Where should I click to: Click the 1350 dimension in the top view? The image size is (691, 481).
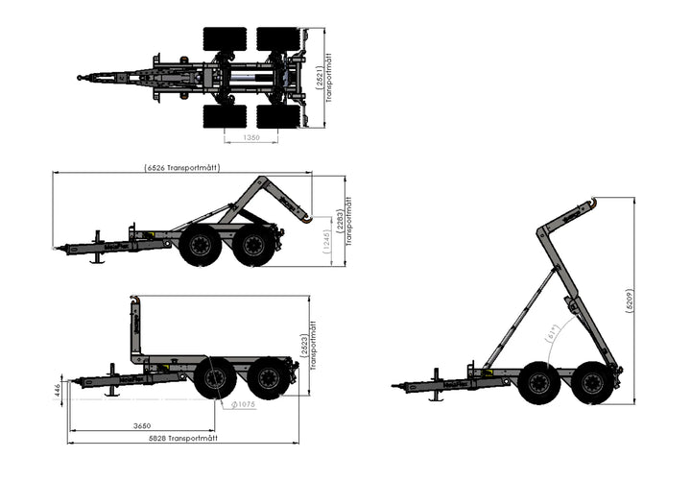(251, 137)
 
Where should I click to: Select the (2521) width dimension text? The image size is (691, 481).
(319, 76)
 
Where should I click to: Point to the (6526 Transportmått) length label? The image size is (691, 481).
(182, 167)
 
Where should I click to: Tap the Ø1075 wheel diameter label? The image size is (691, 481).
(241, 404)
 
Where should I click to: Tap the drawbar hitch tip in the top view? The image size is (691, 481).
(82, 78)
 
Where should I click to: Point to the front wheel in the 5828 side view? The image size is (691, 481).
(214, 378)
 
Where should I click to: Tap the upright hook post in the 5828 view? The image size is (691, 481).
(133, 327)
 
